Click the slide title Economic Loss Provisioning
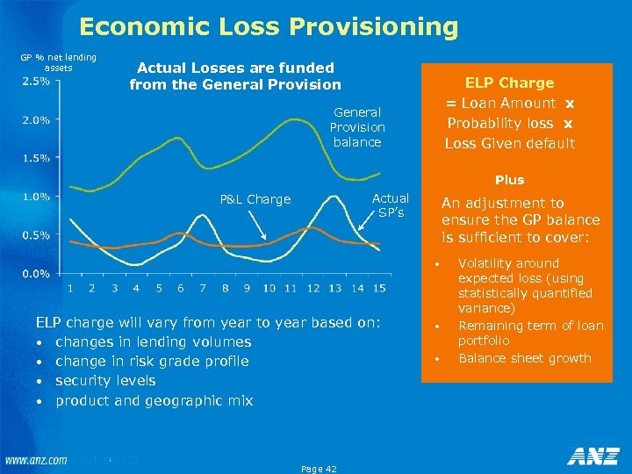(x=269, y=27)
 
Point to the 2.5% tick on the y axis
(x=35, y=82)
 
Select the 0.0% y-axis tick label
(x=35, y=273)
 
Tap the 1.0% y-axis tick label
(x=35, y=197)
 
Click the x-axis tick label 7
(x=203, y=288)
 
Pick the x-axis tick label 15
(x=379, y=288)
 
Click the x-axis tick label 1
(x=69, y=288)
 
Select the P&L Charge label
(x=255, y=199)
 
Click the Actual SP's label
(x=391, y=205)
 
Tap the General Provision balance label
(x=357, y=127)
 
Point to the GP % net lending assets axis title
(x=58, y=62)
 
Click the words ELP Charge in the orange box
(x=509, y=83)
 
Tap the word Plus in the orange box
(x=509, y=180)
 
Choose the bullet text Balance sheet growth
(x=525, y=358)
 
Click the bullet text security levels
(x=105, y=381)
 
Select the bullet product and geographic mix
(x=154, y=400)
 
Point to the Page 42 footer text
(x=318, y=468)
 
